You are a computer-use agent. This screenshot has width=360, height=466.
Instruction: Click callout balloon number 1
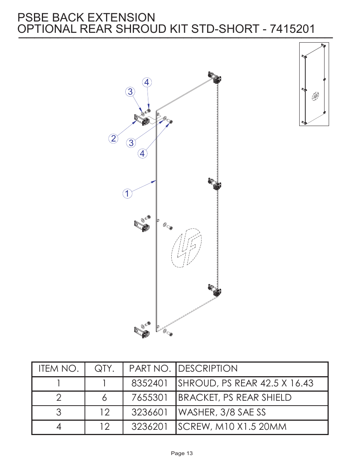click(127, 194)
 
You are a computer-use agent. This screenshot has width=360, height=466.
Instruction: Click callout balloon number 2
click(113, 138)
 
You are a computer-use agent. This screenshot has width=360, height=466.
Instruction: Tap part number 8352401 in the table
click(149, 383)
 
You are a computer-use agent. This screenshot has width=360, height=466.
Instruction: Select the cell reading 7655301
click(149, 398)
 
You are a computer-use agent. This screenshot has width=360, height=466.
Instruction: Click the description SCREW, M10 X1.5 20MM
click(232, 427)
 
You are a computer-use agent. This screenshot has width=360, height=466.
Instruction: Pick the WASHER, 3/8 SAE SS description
click(222, 412)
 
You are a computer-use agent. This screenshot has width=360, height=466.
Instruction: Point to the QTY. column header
click(104, 369)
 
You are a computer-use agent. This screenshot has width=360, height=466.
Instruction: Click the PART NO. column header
click(150, 369)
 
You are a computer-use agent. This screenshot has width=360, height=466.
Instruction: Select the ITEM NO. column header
click(58, 369)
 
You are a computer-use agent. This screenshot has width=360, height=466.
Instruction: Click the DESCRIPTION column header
click(208, 369)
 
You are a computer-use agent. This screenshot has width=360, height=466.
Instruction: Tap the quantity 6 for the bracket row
click(104, 398)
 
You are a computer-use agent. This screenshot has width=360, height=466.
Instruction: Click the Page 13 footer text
click(182, 453)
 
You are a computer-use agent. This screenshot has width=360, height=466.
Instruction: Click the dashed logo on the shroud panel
click(186, 248)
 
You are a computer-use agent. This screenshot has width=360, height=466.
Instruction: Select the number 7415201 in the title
click(292, 29)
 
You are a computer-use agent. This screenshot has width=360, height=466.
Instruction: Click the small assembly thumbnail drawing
click(314, 84)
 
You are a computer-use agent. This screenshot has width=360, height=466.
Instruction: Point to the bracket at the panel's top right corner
click(215, 77)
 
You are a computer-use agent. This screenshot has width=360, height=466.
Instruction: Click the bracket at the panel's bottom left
click(142, 332)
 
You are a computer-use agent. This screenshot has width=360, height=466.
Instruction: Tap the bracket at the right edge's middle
click(215, 184)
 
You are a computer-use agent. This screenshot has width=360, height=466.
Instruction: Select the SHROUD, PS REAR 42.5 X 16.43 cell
click(246, 383)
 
